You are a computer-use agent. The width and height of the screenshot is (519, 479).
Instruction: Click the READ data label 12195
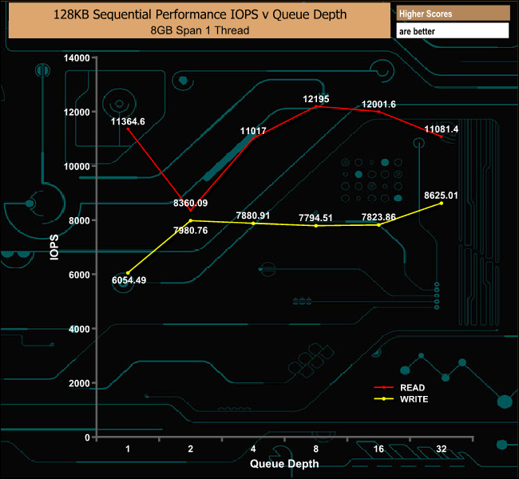tap(316, 99)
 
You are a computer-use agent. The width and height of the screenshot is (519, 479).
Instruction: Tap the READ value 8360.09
tap(190, 204)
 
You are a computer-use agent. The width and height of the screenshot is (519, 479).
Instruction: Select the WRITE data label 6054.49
tap(128, 280)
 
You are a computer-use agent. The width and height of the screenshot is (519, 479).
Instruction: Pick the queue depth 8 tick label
tap(316, 449)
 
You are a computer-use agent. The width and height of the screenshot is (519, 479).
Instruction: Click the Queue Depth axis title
tap(284, 463)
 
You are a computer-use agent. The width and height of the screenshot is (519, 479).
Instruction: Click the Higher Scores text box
tap(452, 14)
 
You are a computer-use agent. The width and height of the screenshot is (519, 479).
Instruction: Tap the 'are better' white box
tap(452, 30)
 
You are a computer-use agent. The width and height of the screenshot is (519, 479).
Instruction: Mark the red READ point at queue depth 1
tap(128, 129)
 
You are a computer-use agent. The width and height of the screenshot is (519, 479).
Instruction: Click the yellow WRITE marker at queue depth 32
tap(442, 204)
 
